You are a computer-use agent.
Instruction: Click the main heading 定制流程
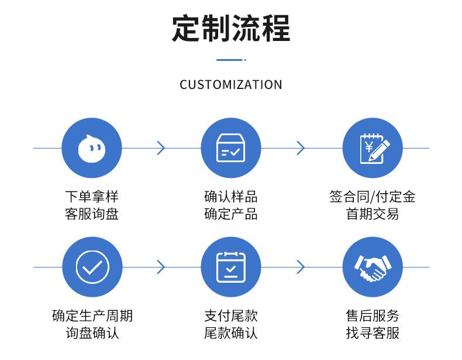(x=231, y=29)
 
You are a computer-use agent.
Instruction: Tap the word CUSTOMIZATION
(x=231, y=85)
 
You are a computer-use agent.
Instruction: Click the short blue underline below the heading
(x=231, y=60)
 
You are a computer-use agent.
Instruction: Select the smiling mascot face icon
(x=92, y=148)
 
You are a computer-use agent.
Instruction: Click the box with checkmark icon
(x=230, y=148)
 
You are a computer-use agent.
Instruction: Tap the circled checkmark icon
(x=92, y=267)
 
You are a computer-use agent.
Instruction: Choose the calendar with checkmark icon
(x=230, y=267)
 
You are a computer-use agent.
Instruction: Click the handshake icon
(x=373, y=268)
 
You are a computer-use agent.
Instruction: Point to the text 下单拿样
(x=92, y=196)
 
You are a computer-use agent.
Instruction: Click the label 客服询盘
(x=92, y=214)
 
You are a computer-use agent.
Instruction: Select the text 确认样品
(x=230, y=196)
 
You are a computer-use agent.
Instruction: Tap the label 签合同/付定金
(x=373, y=196)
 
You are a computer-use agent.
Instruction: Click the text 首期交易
(x=373, y=214)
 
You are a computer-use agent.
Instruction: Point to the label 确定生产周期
(x=92, y=316)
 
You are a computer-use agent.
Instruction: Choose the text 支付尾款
(x=230, y=316)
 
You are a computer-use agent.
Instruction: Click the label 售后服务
(x=373, y=316)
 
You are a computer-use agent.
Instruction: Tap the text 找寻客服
(x=373, y=333)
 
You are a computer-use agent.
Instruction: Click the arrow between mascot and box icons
(x=161, y=148)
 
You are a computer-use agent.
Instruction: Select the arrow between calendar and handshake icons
(x=301, y=267)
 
